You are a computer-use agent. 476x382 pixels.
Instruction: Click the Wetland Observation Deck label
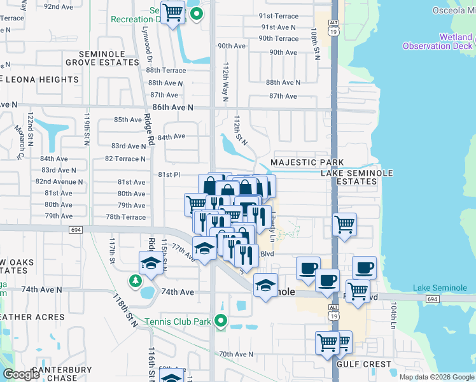point(438,41)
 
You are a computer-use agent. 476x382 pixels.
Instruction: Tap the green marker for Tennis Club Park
point(221,321)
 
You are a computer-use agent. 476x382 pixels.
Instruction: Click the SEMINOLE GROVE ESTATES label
point(109,59)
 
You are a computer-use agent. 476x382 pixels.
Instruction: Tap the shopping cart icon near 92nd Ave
point(172,12)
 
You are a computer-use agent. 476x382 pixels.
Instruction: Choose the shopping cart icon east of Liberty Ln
point(344,224)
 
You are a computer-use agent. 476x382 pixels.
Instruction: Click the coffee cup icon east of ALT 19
point(364,268)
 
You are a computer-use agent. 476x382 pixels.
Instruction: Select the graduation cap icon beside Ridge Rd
point(151,263)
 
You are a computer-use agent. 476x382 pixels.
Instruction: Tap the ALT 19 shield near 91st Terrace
point(333,26)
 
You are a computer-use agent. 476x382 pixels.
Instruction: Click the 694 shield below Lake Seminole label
point(432,299)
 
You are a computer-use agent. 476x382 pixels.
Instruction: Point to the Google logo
point(22,374)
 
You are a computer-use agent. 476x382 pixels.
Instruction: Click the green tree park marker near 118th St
point(135,280)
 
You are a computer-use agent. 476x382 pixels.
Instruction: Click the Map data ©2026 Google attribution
point(437,376)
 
